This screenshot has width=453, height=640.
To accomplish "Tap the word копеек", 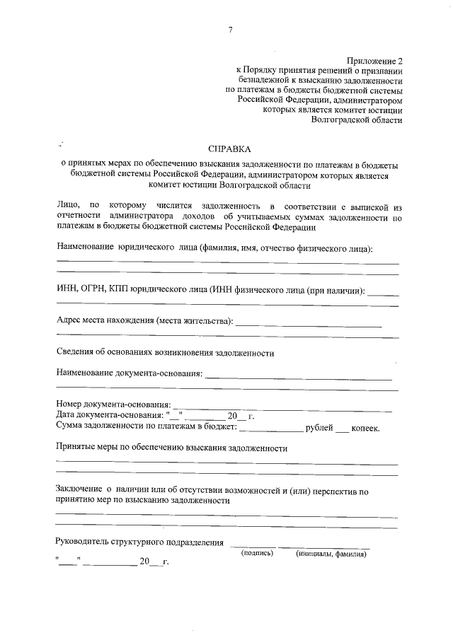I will (x=366, y=427).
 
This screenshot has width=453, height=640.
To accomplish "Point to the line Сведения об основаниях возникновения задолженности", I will (x=165, y=352).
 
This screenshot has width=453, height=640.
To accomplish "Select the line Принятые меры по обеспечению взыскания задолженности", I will (x=171, y=448).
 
